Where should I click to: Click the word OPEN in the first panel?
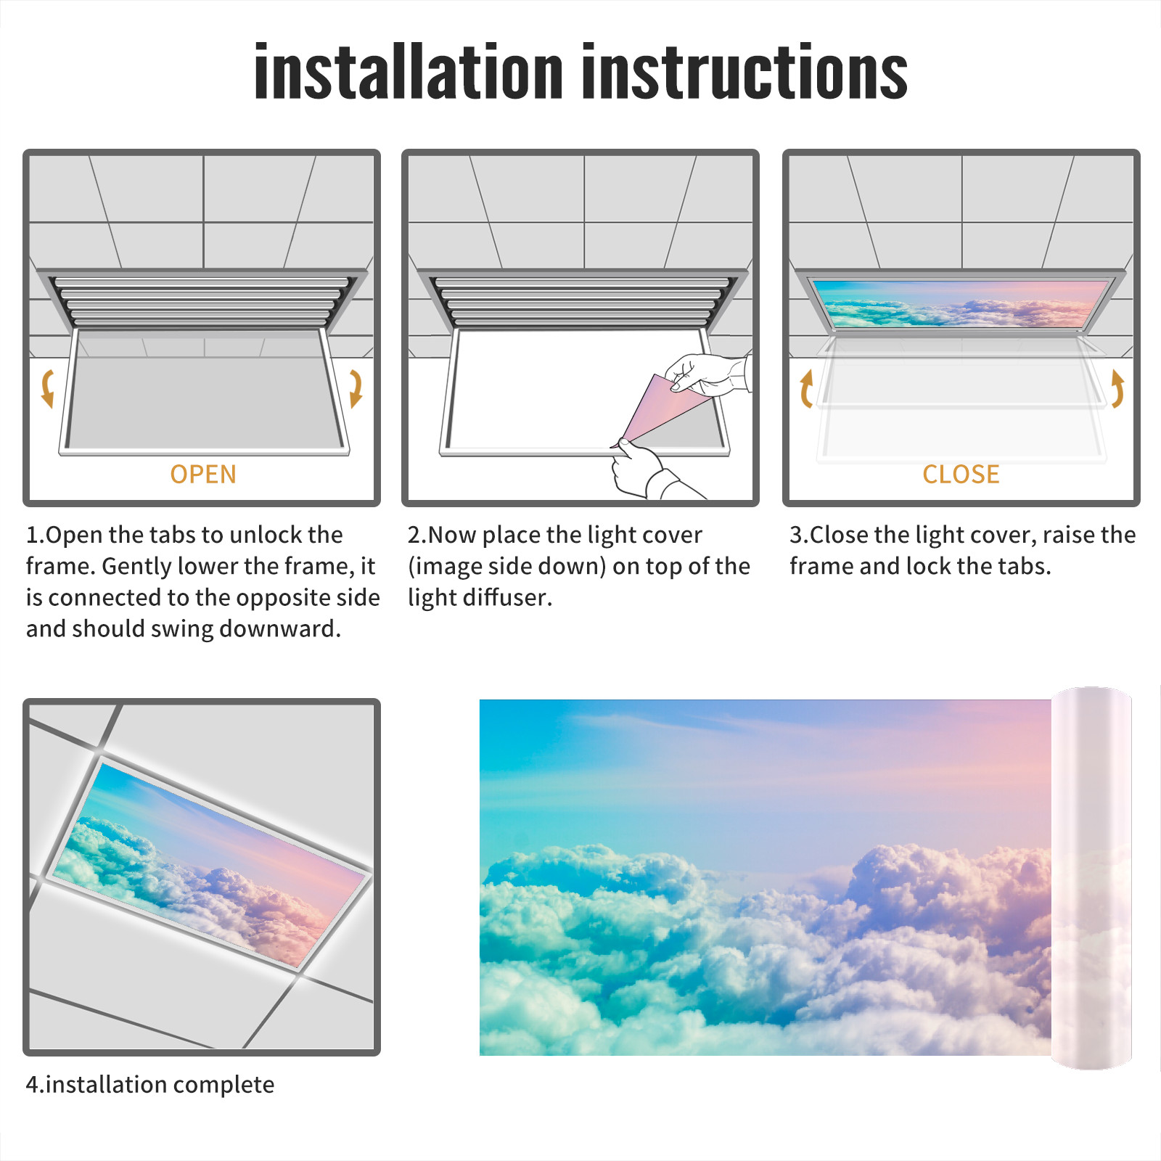[203, 475]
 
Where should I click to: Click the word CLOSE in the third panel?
[961, 475]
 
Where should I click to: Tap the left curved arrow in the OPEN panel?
[48, 389]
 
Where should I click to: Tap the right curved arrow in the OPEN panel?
[356, 389]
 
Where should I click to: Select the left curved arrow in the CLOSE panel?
[805, 389]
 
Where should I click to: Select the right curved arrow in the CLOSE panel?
[1117, 389]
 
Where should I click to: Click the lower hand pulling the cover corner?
[646, 470]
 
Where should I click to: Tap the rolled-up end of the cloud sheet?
[1091, 878]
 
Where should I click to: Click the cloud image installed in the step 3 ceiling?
[961, 303]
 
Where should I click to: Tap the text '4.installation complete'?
[150, 1085]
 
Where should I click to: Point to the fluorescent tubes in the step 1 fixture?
[202, 301]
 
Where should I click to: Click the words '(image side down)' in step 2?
[507, 567]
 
